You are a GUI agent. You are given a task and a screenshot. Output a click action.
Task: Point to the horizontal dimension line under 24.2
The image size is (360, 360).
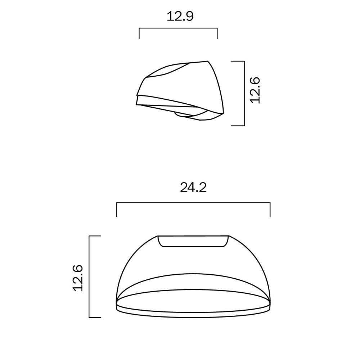pos(193,203)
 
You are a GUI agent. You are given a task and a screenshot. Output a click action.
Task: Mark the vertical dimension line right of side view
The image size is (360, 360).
pos(244,94)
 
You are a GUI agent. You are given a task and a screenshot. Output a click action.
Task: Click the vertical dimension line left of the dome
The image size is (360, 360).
pos(89,276)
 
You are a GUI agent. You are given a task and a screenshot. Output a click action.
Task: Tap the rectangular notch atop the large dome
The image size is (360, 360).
pos(193,241)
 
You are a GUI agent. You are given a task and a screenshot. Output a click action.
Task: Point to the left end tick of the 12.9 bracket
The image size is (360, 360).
pos(139,33)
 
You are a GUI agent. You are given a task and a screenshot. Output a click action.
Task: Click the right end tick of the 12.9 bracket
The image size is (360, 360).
pos(217,33)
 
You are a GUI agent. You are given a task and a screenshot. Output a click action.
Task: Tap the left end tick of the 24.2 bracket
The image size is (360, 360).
pos(116,210)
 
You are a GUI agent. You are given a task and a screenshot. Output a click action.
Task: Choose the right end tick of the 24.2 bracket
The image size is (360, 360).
pos(270,210)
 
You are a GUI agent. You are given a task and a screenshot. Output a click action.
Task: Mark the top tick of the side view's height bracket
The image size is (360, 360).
pos(238,61)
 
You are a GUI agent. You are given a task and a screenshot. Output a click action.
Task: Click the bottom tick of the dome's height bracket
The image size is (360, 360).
pos(94,317)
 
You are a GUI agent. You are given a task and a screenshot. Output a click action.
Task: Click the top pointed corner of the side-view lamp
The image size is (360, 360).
pos(207,62)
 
